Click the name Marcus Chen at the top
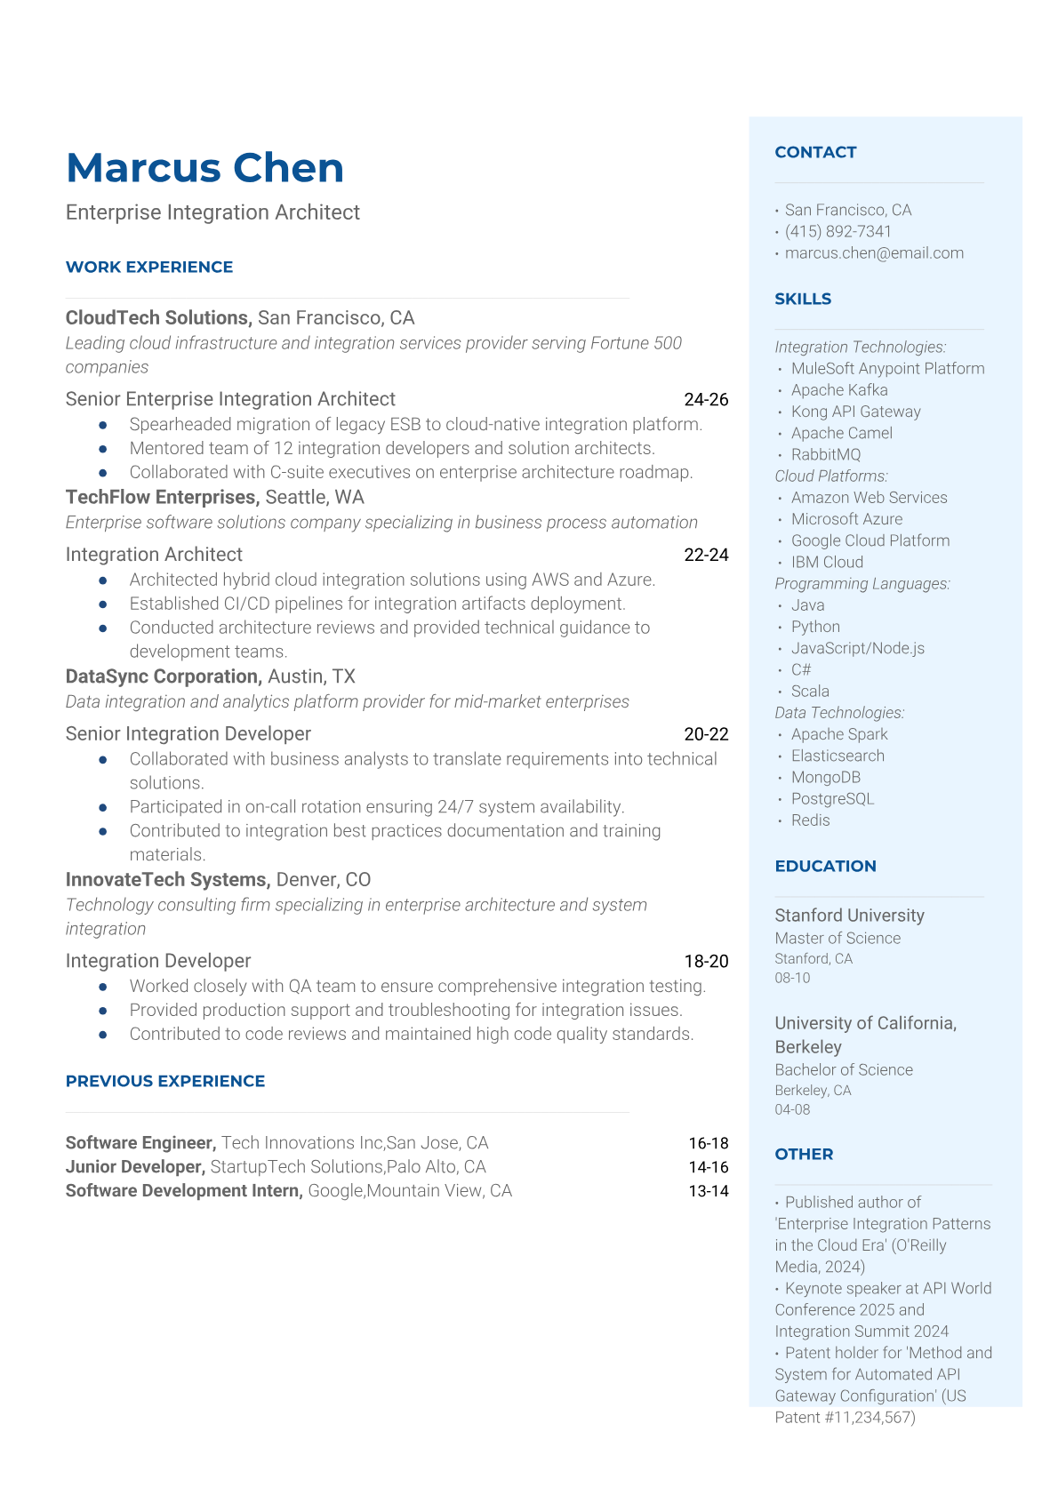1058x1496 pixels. click(x=204, y=168)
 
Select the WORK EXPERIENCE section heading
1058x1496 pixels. click(x=149, y=267)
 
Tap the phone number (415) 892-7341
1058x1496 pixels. click(x=838, y=231)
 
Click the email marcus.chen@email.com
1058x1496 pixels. click(x=874, y=252)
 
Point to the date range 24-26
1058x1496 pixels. click(x=706, y=400)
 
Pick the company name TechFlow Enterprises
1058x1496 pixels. click(x=161, y=497)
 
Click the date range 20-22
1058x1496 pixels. click(x=706, y=734)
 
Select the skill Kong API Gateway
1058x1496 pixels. click(x=855, y=412)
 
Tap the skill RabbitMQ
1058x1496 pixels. click(x=826, y=454)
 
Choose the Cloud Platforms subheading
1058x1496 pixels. click(x=831, y=476)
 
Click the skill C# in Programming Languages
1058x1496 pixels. click(x=801, y=669)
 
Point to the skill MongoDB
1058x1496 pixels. click(x=826, y=777)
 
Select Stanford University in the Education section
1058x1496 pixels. click(x=849, y=916)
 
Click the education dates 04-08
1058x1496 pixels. click(x=792, y=1109)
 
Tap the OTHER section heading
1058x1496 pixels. click(x=804, y=1154)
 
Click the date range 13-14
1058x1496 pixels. click(x=708, y=1191)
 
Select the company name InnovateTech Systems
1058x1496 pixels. click(x=167, y=879)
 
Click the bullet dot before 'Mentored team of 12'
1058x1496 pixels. click(x=103, y=449)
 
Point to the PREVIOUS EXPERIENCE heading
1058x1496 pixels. click(x=165, y=1081)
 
